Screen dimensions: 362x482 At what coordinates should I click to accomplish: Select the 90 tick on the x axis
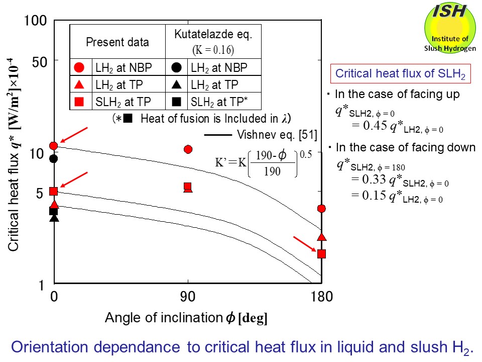coord(188,297)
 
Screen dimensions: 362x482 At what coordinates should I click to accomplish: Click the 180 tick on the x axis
coord(321,297)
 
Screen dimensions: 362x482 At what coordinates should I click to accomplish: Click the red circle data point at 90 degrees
coord(188,149)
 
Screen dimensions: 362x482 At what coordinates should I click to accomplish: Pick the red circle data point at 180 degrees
coord(322,208)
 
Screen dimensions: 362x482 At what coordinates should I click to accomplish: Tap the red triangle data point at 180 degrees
coord(322,237)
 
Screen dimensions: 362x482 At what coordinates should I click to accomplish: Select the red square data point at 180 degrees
coord(322,253)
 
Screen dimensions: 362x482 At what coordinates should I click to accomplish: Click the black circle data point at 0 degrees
coord(54,159)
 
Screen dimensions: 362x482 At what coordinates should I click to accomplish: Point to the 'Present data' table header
coord(117,42)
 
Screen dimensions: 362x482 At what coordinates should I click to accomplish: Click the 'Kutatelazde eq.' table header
coord(213,35)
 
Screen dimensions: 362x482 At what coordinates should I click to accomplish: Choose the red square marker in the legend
coord(79,102)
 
